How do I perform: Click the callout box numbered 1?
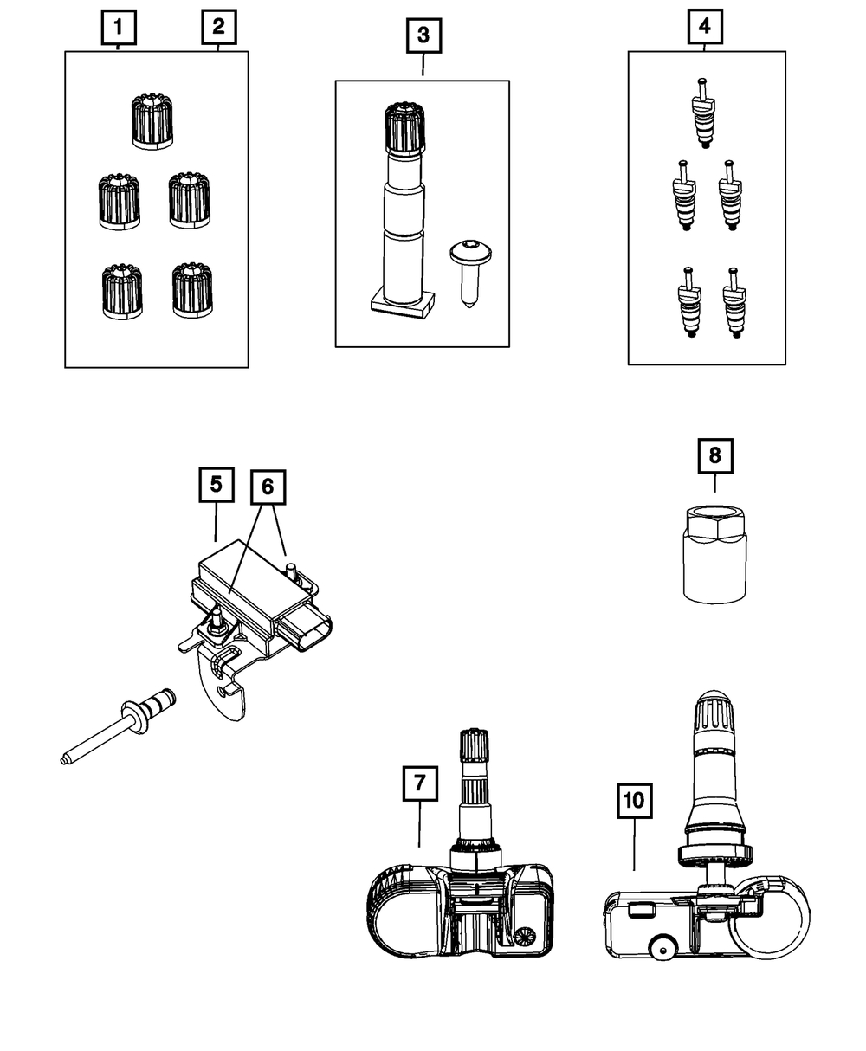point(119,27)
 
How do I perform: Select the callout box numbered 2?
point(218,27)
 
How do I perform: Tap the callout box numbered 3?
point(423,35)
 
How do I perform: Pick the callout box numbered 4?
point(705,26)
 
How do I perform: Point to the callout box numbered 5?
point(216,485)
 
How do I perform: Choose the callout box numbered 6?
point(268,487)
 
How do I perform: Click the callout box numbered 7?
point(420,783)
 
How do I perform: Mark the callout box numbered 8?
point(715,456)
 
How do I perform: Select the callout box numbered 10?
point(635,800)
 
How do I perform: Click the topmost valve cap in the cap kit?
point(152,121)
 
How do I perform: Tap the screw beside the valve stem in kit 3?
point(470,274)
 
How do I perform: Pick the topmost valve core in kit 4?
point(703,113)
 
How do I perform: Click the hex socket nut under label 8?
point(714,554)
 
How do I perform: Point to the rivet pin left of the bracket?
point(119,725)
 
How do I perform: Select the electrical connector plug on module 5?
point(306,633)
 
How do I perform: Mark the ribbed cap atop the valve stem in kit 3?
point(404,128)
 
